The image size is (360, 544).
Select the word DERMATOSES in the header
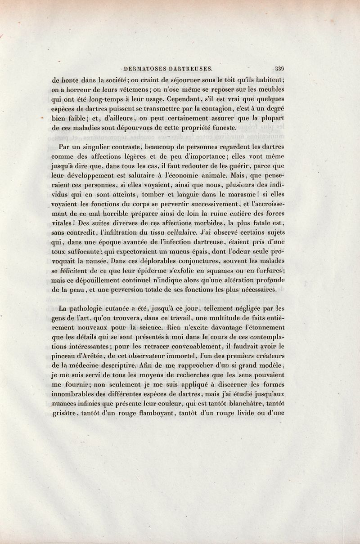143,69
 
